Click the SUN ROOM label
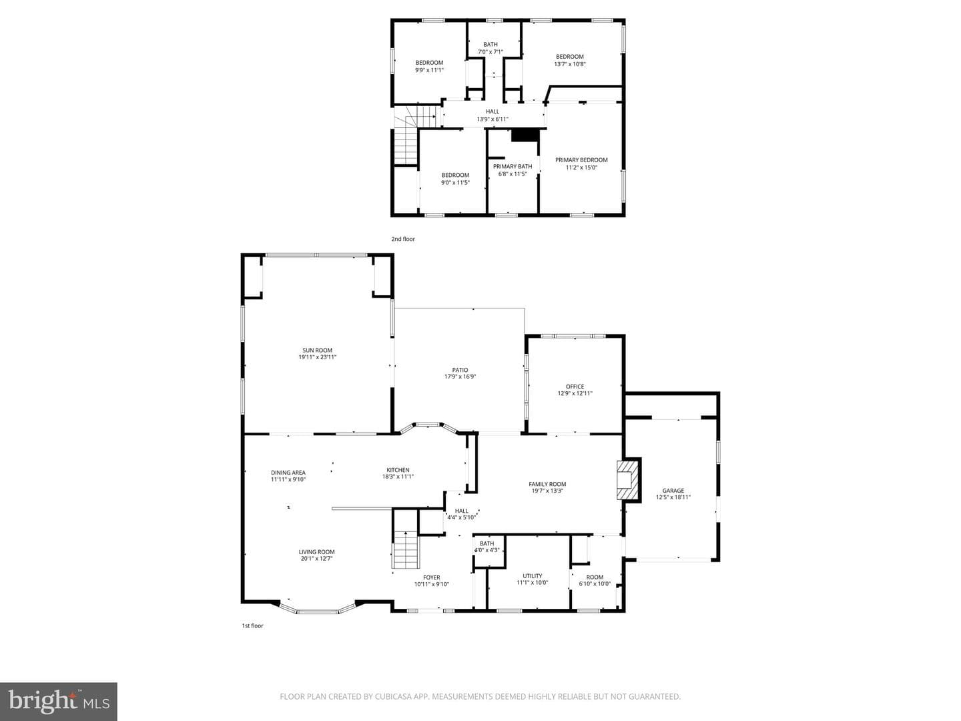coord(318,350)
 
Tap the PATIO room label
coord(460,370)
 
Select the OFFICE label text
coord(575,387)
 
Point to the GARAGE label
coord(673,491)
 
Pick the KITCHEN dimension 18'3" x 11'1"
coord(398,477)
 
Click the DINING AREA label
coord(288,473)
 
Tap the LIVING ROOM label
coord(316,552)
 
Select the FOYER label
coord(432,577)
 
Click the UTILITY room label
coord(533,575)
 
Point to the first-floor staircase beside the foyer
coord(406,549)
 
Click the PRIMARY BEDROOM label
coord(581,160)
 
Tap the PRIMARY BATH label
coord(513,166)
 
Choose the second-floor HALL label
coord(493,111)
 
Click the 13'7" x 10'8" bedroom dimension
coord(570,64)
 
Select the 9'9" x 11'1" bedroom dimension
coord(430,70)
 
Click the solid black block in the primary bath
coord(525,136)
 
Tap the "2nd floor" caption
coord(403,239)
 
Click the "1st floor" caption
coord(253,626)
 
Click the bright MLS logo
coord(59,702)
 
